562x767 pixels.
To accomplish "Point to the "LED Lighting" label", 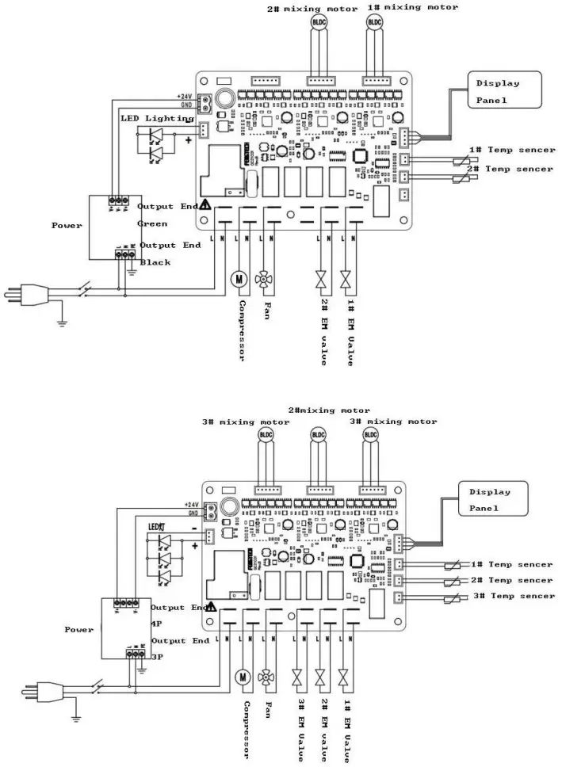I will (x=157, y=118).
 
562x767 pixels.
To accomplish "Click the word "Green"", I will (x=152, y=223).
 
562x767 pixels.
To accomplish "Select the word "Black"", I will (x=155, y=262).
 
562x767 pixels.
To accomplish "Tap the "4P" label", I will (x=157, y=624).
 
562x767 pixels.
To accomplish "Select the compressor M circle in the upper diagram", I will (x=239, y=278).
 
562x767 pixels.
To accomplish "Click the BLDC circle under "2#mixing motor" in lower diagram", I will (x=318, y=434).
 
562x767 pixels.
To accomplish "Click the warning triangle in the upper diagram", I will (x=205, y=204).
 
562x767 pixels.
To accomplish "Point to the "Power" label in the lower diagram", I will (x=78, y=630).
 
